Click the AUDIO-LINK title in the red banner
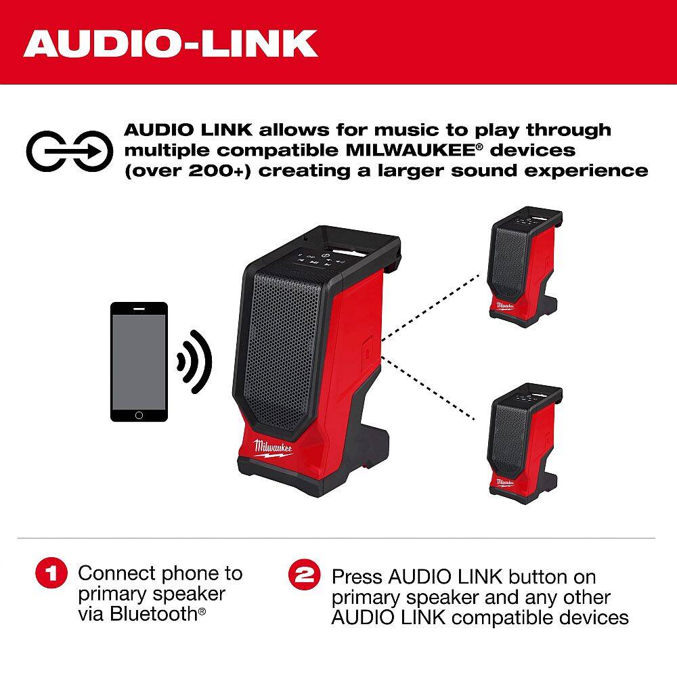[x=171, y=43]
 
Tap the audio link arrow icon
[x=70, y=151]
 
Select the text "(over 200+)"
[x=188, y=171]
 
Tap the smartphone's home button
[x=139, y=416]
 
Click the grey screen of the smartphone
[x=139, y=362]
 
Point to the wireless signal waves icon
[x=195, y=362]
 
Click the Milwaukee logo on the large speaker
[x=272, y=448]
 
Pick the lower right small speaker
[x=525, y=443]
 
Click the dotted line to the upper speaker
[x=431, y=307]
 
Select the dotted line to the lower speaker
[x=429, y=388]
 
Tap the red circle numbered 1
[x=51, y=573]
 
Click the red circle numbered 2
[x=305, y=574]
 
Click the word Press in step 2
[x=357, y=577]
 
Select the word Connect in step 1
[x=116, y=573]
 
